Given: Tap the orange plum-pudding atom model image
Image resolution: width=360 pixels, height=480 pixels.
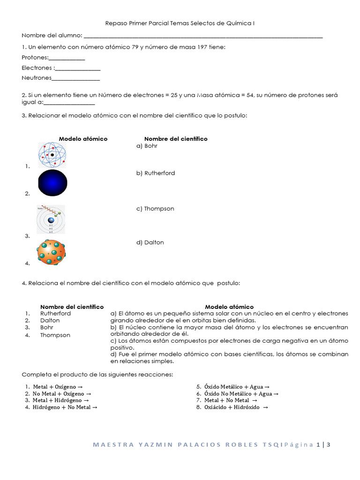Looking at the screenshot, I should [51, 252].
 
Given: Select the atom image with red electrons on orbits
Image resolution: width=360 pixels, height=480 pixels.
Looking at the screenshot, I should [52, 155].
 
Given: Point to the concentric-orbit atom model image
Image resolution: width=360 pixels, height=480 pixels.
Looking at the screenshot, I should [51, 219].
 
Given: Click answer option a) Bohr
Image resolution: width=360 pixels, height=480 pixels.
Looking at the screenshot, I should [147, 146].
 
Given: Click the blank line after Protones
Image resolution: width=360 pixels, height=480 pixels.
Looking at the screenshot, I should [67, 58].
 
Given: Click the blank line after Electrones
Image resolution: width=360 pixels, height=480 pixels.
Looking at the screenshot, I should [77, 68].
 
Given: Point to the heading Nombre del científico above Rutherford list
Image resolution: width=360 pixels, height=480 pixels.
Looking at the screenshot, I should [72, 307].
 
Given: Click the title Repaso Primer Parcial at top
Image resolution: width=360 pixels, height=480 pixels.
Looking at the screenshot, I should [139, 23].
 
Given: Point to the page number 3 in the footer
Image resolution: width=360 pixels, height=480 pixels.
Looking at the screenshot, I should [329, 445].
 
